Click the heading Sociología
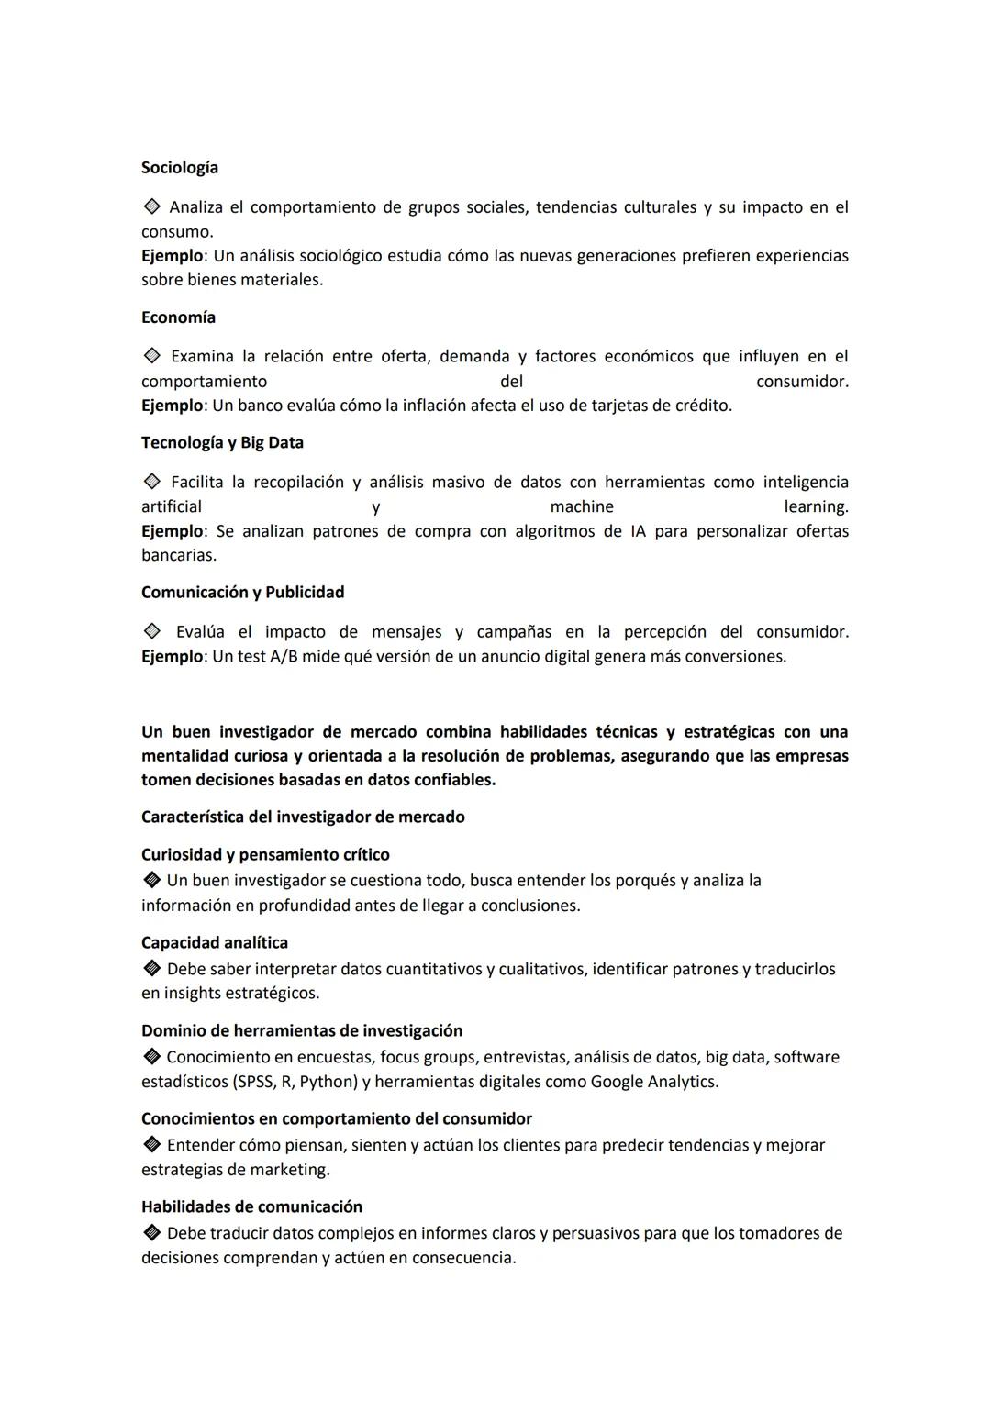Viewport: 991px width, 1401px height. tap(180, 168)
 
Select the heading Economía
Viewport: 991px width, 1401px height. tap(178, 317)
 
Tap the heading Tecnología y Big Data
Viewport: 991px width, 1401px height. tap(222, 443)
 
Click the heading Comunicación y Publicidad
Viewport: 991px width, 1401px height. tap(242, 593)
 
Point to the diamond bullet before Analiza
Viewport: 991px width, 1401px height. tap(151, 207)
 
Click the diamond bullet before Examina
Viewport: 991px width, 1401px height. tap(151, 356)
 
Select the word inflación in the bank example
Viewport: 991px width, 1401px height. tap(429, 406)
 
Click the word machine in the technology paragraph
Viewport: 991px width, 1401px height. tap(582, 507)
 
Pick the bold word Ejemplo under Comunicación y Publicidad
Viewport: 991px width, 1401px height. tap(172, 657)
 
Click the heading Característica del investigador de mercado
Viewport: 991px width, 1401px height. tap(303, 817)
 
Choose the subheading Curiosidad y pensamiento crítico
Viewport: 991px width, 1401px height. tap(265, 855)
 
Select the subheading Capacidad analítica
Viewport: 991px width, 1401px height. tap(215, 943)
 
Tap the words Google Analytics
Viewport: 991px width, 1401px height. tap(653, 1082)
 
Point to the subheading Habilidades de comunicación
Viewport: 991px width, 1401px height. tap(251, 1207)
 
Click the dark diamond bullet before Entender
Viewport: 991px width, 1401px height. tap(151, 1146)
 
